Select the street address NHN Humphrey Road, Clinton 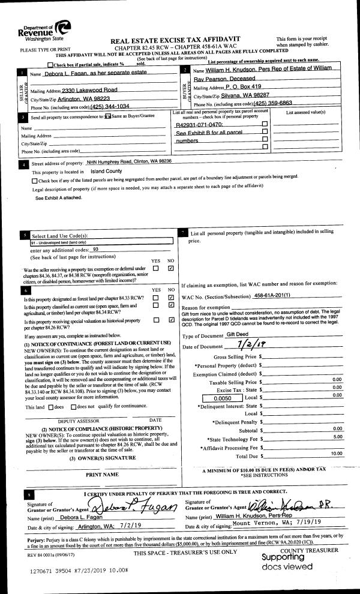(x=129, y=161)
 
